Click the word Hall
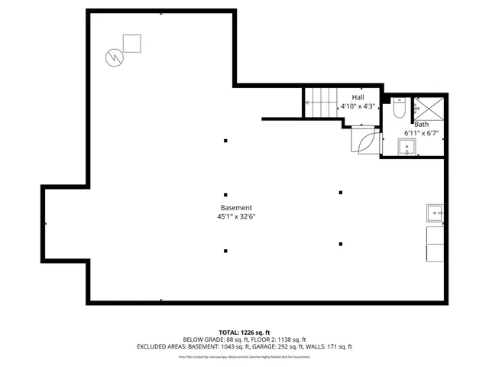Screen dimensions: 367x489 (358, 97)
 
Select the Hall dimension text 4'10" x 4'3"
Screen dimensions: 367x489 (358, 106)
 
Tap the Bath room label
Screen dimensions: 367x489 (421, 124)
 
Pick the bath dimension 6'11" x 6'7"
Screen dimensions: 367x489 (421, 134)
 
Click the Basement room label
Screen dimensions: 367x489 (236, 208)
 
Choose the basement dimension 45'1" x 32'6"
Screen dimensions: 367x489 (236, 217)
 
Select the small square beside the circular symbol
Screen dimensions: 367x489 (132, 44)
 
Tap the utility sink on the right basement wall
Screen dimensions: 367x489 (435, 213)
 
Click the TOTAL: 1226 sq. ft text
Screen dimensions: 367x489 (244, 332)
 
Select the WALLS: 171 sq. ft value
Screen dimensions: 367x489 (329, 346)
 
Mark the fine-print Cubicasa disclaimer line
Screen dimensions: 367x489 (244, 356)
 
